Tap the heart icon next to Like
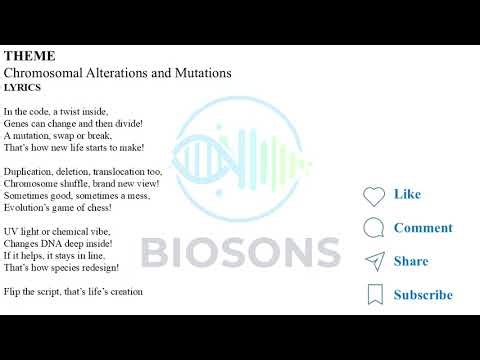click(x=374, y=196)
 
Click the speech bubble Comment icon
click(x=374, y=228)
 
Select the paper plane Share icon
click(x=374, y=262)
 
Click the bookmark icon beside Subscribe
click(x=374, y=295)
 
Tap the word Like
click(x=407, y=194)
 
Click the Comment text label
click(x=423, y=228)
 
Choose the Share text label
click(x=411, y=261)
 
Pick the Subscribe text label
click(x=423, y=295)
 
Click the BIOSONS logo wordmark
click(x=239, y=251)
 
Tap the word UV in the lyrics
click(x=11, y=232)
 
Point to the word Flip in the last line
click(x=11, y=292)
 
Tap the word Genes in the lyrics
click(x=17, y=123)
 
